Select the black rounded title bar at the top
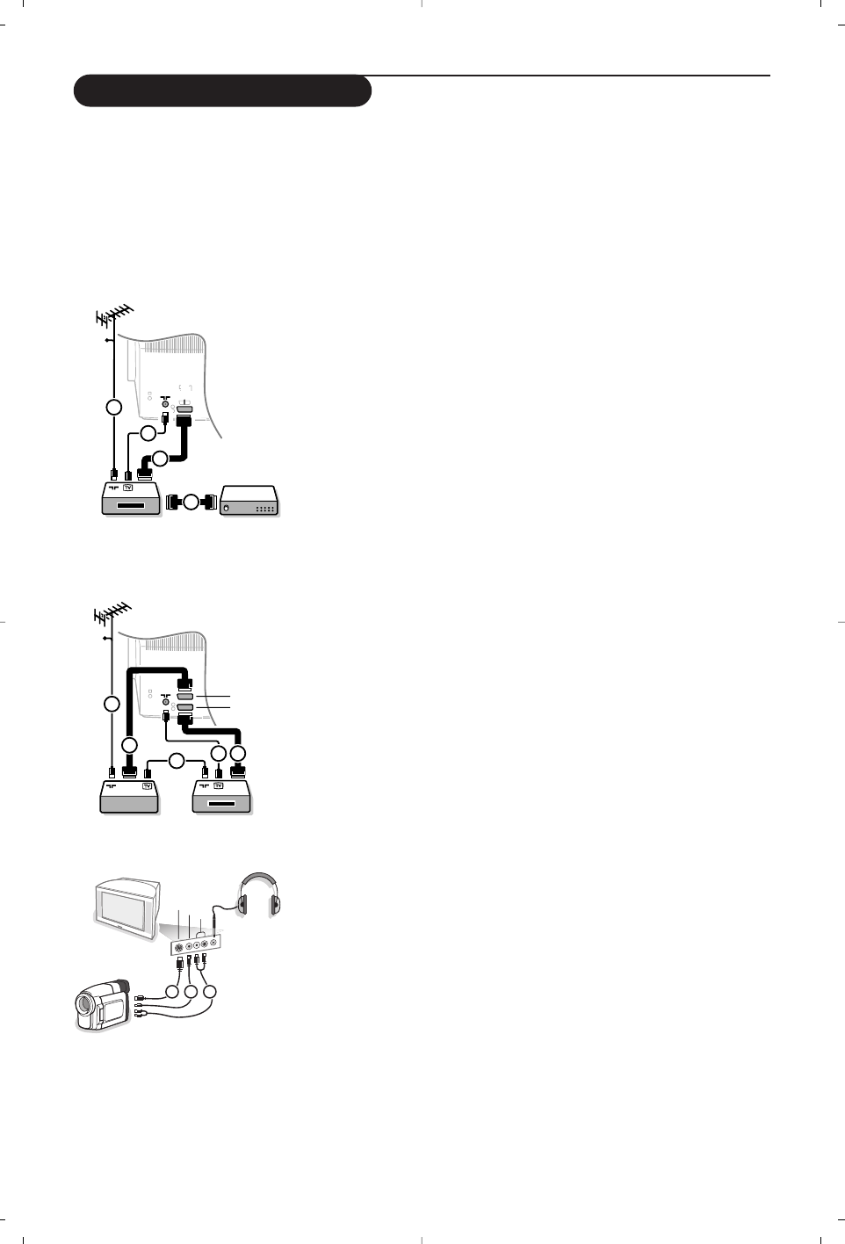click(x=222, y=90)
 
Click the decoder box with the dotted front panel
click(x=250, y=503)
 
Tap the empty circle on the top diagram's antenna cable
click(x=112, y=408)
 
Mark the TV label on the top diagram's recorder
click(x=127, y=487)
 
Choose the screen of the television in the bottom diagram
click(x=127, y=910)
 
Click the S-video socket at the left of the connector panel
click(x=179, y=946)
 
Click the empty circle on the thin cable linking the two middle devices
click(x=177, y=761)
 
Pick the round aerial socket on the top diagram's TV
click(x=165, y=407)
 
